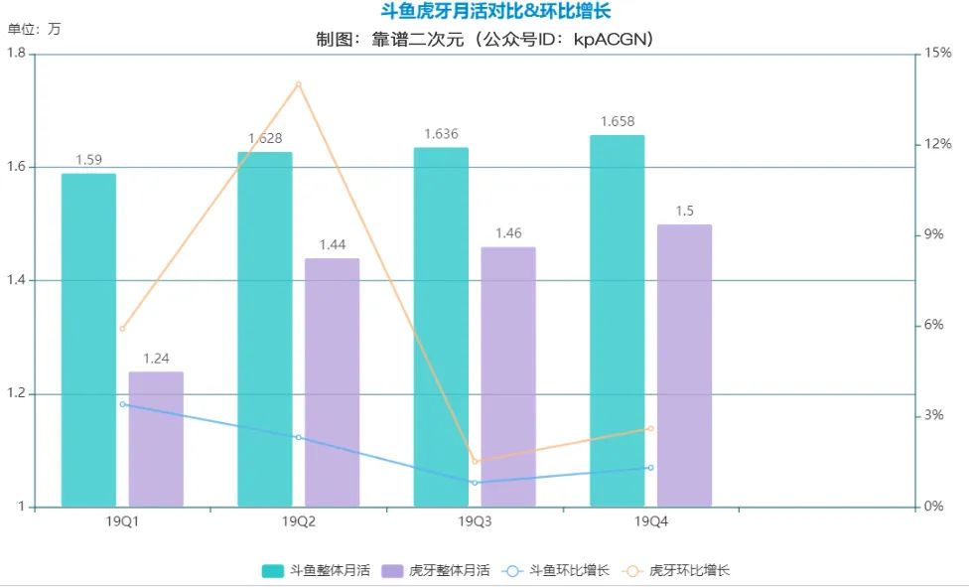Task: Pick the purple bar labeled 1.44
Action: (x=332, y=382)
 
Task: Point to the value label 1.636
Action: (x=441, y=134)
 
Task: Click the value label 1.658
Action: (x=617, y=121)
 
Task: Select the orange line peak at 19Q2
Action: (x=298, y=84)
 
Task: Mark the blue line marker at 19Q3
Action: (x=475, y=483)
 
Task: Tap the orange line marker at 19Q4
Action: (x=650, y=428)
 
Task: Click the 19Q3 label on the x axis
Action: (x=475, y=521)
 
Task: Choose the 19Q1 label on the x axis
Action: (x=122, y=521)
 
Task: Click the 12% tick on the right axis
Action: (x=938, y=144)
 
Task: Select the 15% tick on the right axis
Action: (x=938, y=54)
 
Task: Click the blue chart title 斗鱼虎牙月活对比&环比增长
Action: (x=495, y=12)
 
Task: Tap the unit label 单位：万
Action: (x=34, y=29)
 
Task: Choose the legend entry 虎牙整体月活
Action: (x=436, y=571)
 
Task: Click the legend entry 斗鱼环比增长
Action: (x=557, y=571)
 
